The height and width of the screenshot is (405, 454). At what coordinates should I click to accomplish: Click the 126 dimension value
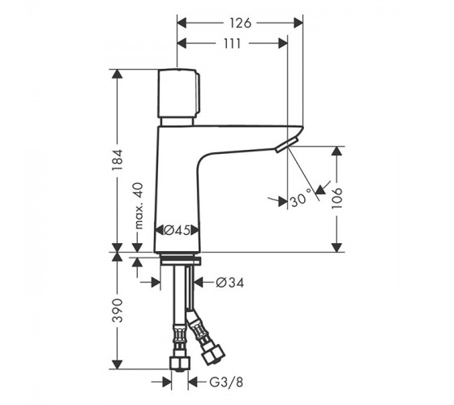pos(240,23)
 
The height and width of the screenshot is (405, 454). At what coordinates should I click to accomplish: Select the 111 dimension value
pos(232,44)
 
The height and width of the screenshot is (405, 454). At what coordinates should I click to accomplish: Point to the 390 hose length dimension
pos(118,310)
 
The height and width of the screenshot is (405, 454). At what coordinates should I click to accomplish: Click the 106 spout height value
pos(336,198)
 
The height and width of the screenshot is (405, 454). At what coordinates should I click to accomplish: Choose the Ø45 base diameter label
pos(177,230)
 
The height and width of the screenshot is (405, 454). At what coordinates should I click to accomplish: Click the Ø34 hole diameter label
pos(230,283)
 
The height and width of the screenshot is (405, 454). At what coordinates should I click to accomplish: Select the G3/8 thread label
pos(226,382)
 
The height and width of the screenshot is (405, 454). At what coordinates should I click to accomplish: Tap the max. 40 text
pos(139,206)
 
